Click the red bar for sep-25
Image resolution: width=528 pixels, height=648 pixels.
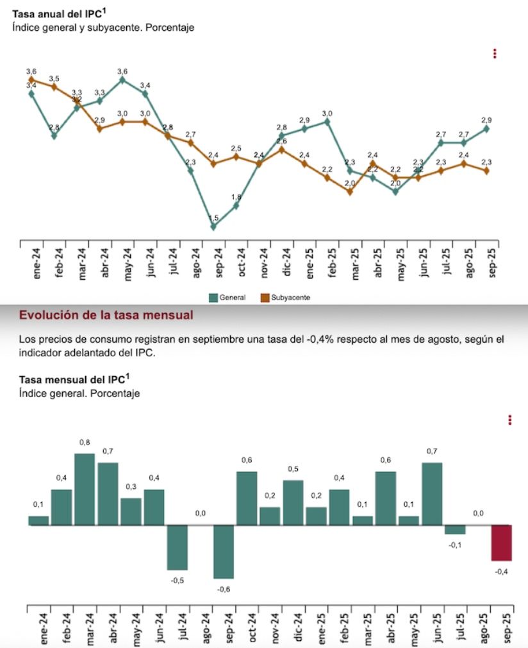(x=501, y=542)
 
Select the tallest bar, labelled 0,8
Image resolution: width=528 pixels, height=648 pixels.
(x=85, y=489)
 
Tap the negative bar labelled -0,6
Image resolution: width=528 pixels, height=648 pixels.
(x=224, y=552)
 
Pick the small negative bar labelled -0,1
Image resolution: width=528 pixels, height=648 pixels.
(x=455, y=529)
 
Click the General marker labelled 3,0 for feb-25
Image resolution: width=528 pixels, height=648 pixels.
(x=327, y=121)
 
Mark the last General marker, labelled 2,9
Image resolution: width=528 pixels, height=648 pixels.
(x=487, y=128)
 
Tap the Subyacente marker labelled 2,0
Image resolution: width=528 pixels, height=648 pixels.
(x=350, y=191)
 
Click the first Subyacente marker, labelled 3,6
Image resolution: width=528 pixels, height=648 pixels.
(x=31, y=80)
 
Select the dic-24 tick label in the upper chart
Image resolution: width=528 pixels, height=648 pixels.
(x=288, y=262)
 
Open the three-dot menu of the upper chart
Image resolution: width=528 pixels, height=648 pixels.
(x=495, y=54)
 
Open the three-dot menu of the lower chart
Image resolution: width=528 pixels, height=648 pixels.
(x=509, y=420)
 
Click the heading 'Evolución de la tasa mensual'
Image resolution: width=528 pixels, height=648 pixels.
(x=106, y=315)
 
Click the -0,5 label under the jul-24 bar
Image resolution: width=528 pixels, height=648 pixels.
(x=177, y=581)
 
